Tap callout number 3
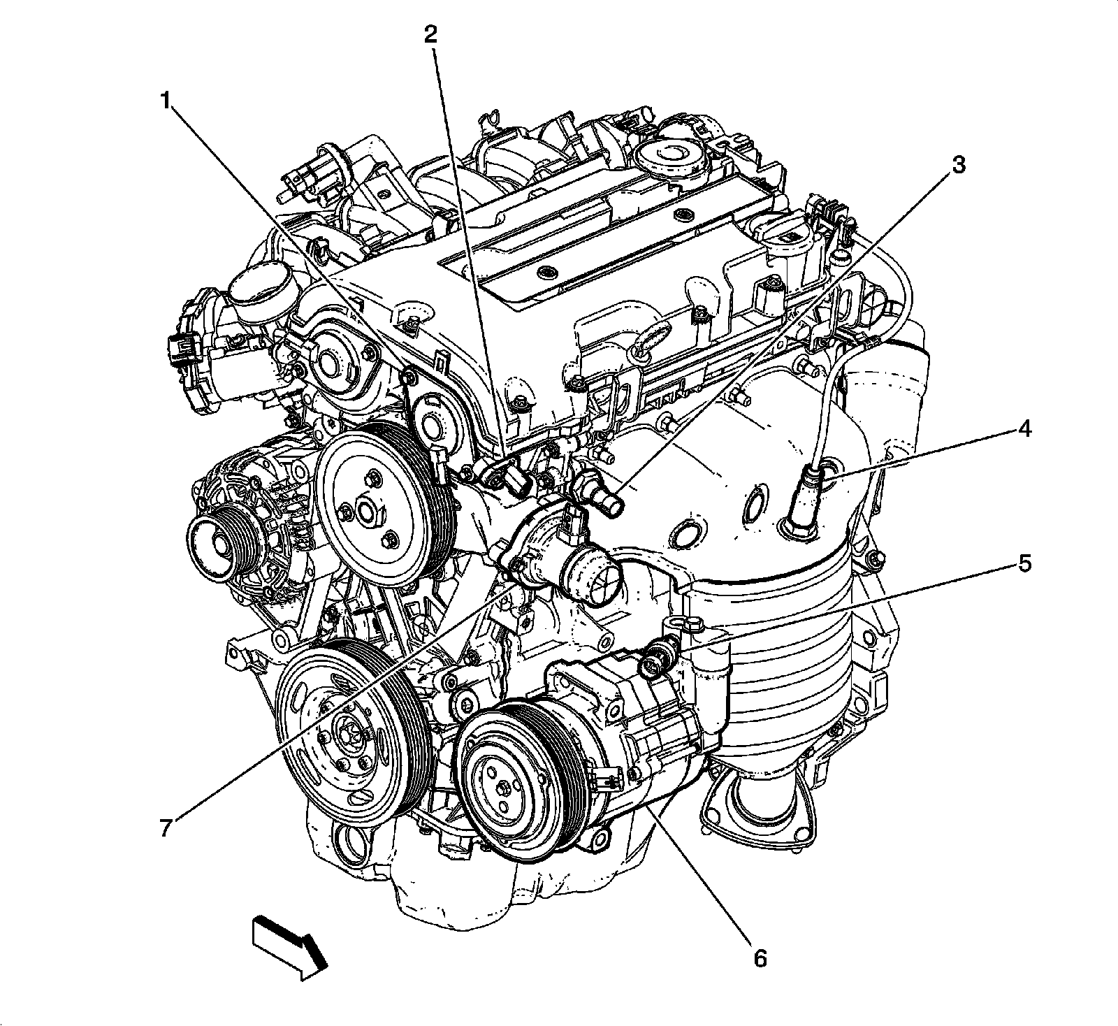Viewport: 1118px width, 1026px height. (x=957, y=166)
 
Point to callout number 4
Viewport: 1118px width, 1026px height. (x=1023, y=429)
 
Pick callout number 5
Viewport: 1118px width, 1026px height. (x=1023, y=563)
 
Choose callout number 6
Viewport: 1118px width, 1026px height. (x=760, y=957)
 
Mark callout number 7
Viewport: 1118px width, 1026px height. (x=166, y=828)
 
